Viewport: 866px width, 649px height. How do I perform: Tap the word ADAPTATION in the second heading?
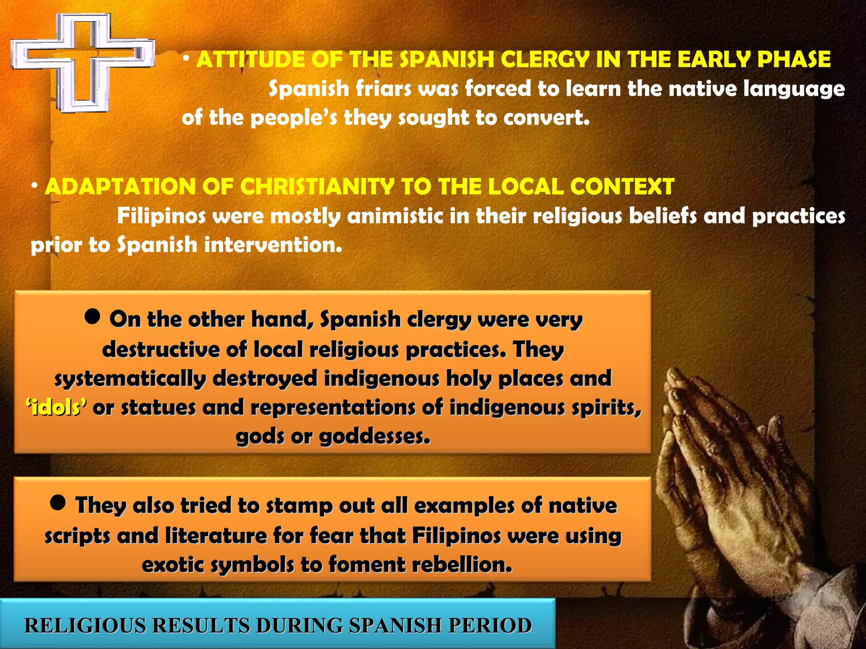(120, 186)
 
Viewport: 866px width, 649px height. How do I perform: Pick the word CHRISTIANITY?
(317, 186)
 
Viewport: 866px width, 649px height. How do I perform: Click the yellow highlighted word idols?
(57, 408)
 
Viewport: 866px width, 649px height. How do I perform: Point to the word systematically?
(130, 379)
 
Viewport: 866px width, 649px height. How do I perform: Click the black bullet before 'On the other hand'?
(92, 316)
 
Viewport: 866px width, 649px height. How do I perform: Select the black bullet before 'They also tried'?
(58, 502)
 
